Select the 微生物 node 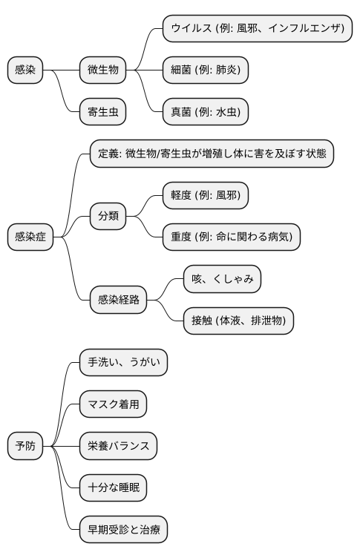pyautogui.click(x=103, y=70)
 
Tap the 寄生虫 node pyautogui.click(x=103, y=113)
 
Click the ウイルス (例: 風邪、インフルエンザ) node pyautogui.click(x=257, y=29)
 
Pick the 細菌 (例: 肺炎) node pyautogui.click(x=206, y=70)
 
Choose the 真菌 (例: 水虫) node pyautogui.click(x=206, y=113)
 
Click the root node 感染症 pyautogui.click(x=30, y=237)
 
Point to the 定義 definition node pyautogui.click(x=212, y=154)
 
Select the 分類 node pyautogui.click(x=108, y=217)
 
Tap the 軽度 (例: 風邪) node pyautogui.click(x=206, y=196)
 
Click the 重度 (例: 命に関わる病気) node pyautogui.click(x=232, y=237)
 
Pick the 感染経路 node pyautogui.click(x=119, y=301)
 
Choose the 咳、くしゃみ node pyautogui.click(x=223, y=279)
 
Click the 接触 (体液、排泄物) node pyautogui.click(x=238, y=321)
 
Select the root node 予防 pyautogui.click(x=25, y=446)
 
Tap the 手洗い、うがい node pyautogui.click(x=123, y=363)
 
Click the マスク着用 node pyautogui.click(x=113, y=404)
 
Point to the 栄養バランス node pyautogui.click(x=119, y=446)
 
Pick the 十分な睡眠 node pyautogui.click(x=113, y=488)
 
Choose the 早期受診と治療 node pyautogui.click(x=123, y=530)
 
